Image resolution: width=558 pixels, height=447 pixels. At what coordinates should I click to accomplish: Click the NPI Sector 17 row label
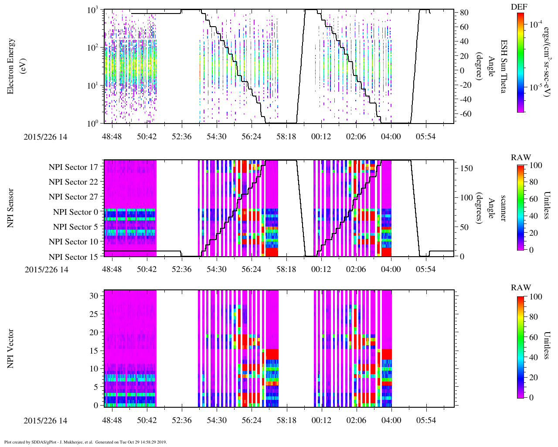(73, 167)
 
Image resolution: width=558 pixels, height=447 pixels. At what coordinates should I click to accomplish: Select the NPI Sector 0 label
(75, 212)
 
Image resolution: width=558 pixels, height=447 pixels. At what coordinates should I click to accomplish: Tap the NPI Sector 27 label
(73, 197)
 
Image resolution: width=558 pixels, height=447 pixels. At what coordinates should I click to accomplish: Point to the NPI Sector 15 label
(73, 257)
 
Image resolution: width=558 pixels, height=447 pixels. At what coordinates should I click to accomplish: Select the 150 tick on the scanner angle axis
(466, 168)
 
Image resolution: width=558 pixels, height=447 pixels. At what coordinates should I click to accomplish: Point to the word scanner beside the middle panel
(503, 208)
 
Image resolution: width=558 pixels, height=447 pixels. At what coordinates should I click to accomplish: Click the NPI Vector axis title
(10, 348)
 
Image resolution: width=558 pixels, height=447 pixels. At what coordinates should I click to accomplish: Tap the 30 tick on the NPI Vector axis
(94, 296)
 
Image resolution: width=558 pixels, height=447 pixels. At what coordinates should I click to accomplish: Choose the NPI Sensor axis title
(10, 208)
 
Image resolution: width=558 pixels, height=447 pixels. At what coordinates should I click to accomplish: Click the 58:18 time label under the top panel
(286, 137)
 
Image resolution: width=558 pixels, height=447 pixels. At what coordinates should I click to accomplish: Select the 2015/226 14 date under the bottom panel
(45, 420)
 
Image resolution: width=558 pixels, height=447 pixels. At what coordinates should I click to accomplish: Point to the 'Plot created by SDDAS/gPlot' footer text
(85, 442)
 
